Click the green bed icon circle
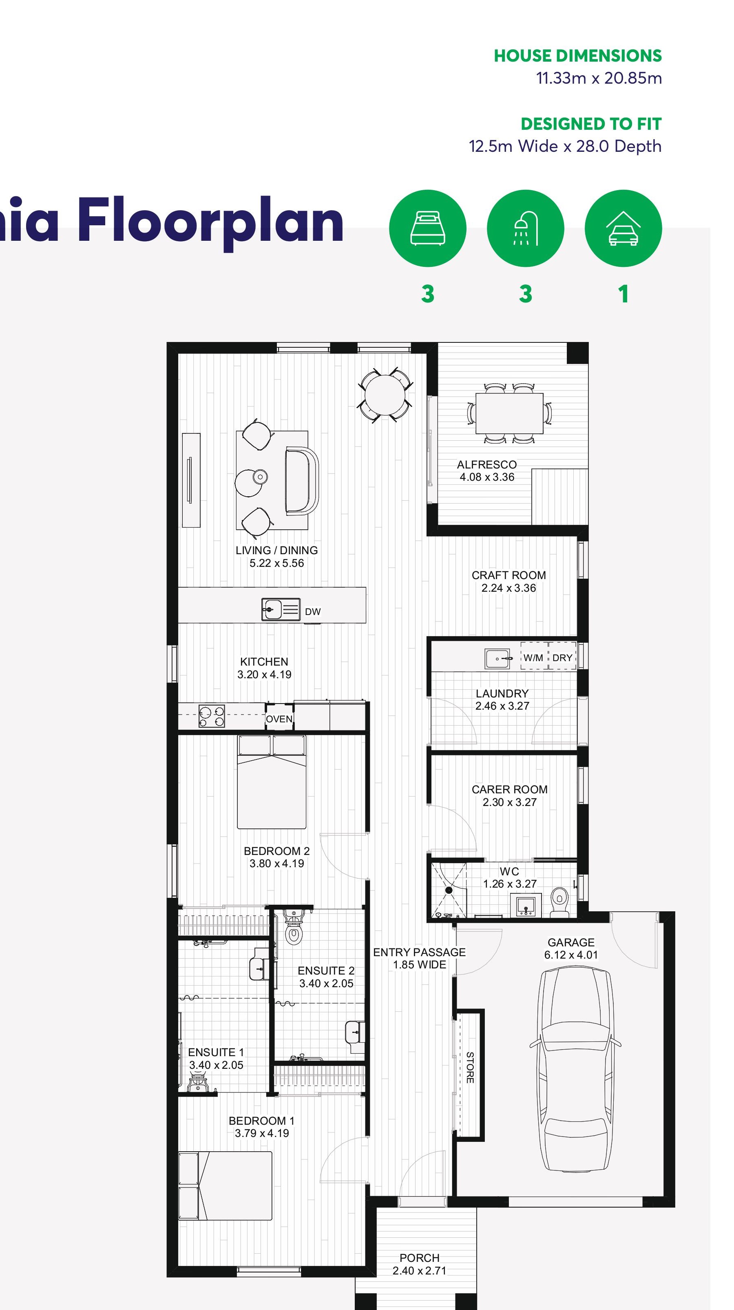(427, 229)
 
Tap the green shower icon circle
(525, 229)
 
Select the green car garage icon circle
(623, 229)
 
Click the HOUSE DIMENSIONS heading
(577, 56)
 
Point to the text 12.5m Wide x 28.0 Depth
(565, 147)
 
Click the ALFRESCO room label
(486, 465)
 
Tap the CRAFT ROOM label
(508, 575)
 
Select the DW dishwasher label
(313, 612)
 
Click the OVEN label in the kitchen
(279, 719)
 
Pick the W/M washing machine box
(533, 657)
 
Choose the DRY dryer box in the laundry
(562, 657)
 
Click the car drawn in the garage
(575, 1075)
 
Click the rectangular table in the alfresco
(509, 413)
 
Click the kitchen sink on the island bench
(280, 609)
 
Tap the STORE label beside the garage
(470, 1068)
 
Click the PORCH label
(419, 1258)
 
